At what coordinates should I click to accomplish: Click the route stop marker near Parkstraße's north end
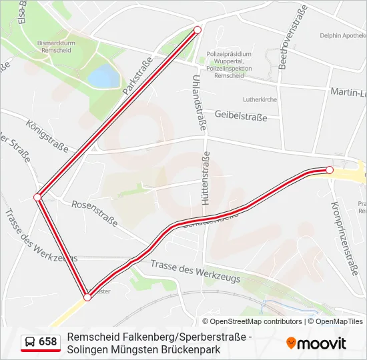point(197,30)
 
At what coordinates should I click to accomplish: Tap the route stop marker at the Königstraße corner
point(38,197)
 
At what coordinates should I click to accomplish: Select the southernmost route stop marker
point(87,297)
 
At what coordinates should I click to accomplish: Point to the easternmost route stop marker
point(329,171)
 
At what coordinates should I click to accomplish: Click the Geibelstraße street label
point(240,117)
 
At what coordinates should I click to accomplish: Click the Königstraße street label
point(49,133)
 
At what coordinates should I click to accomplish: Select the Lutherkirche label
point(260,99)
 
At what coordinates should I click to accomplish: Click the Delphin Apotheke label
point(343,35)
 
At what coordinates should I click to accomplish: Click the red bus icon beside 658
point(30,342)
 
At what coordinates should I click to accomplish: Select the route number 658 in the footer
point(48,342)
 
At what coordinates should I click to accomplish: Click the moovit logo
point(316,343)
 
